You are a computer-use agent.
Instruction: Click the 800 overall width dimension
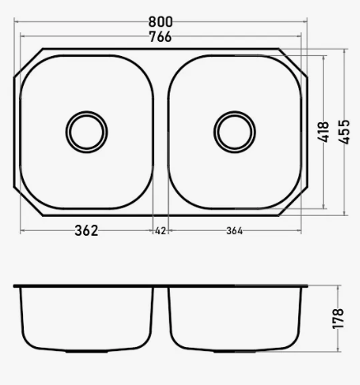pyautogui.click(x=161, y=22)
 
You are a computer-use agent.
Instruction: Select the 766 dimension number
pyautogui.click(x=161, y=37)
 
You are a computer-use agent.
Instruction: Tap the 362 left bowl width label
pyautogui.click(x=86, y=231)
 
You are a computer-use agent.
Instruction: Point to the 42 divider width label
pyautogui.click(x=161, y=231)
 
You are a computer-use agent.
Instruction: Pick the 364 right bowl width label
pyautogui.click(x=235, y=231)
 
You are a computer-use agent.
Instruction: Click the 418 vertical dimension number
pyautogui.click(x=323, y=132)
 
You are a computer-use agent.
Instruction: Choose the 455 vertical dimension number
pyautogui.click(x=344, y=132)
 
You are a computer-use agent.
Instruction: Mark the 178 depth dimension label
pyautogui.click(x=338, y=319)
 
